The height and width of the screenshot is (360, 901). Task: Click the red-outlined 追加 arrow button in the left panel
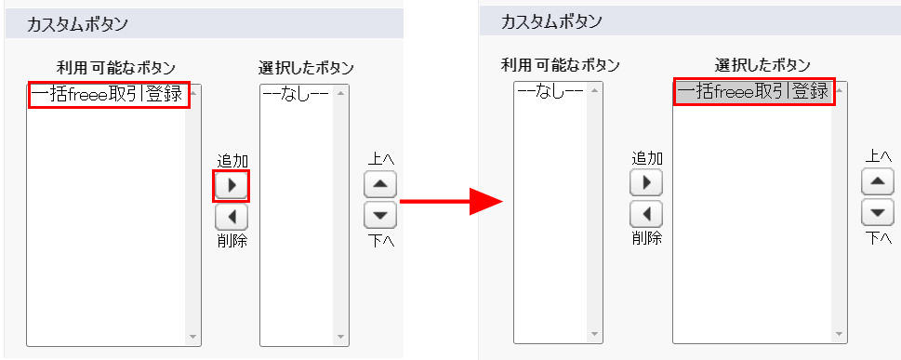click(x=231, y=185)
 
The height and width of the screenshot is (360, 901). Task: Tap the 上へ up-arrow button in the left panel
click(x=379, y=185)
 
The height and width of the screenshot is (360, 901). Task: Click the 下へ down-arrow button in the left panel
click(x=379, y=215)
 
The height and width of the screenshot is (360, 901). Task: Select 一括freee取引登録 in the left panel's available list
click(x=109, y=94)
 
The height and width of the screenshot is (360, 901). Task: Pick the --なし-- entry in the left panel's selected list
click(x=296, y=94)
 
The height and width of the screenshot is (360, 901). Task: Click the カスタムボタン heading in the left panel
click(x=77, y=24)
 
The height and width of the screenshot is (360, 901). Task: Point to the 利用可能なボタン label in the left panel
click(x=115, y=68)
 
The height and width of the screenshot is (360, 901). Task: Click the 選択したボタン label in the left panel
click(x=306, y=68)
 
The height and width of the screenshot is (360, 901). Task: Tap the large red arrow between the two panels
click(x=452, y=201)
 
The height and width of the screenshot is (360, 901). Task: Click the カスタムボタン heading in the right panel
click(x=551, y=21)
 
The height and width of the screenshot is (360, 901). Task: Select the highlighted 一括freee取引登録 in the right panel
click(x=754, y=91)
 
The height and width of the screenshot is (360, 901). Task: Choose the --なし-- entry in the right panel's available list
click(x=550, y=91)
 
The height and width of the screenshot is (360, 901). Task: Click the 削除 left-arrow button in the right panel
click(x=646, y=215)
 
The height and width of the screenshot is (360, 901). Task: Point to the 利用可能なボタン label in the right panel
click(x=561, y=65)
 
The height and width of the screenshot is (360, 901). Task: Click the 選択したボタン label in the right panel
click(x=762, y=65)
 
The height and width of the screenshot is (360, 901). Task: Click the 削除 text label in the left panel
click(x=232, y=240)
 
